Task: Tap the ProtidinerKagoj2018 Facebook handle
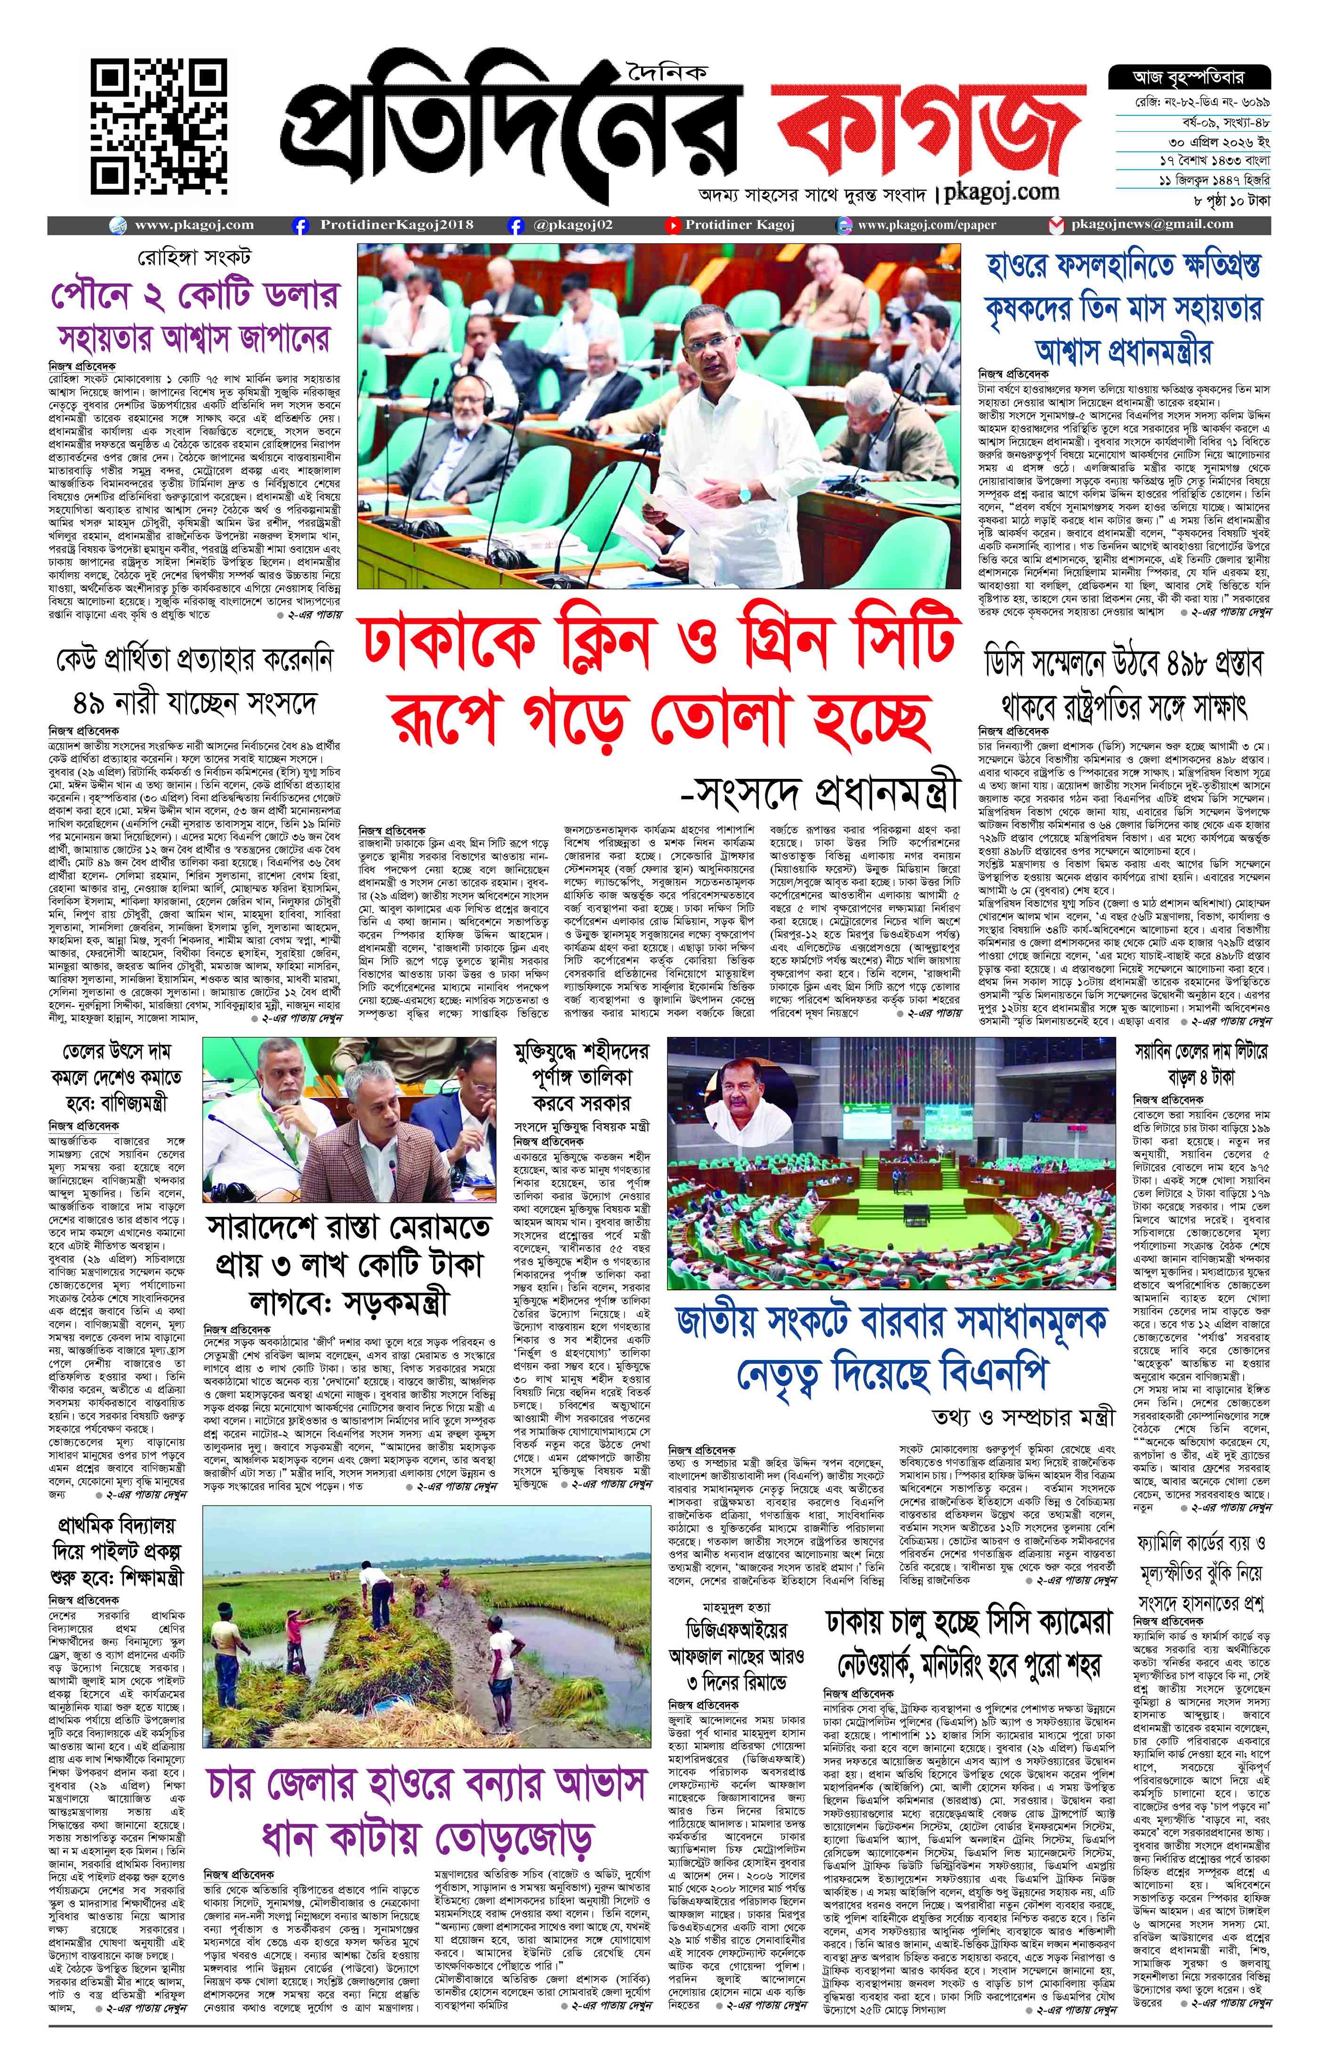396,225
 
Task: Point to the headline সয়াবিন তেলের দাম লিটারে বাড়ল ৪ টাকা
1201,1063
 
